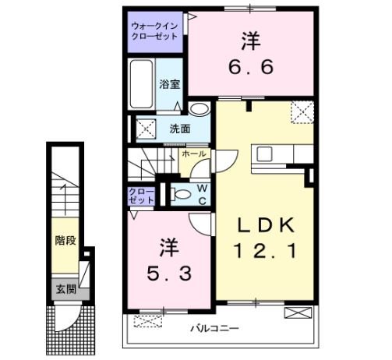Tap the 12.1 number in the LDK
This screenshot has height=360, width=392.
[264, 252]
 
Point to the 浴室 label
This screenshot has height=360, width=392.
[170, 84]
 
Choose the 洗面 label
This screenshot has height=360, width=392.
[179, 129]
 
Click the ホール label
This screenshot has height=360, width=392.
[193, 154]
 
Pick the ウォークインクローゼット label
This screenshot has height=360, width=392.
[155, 32]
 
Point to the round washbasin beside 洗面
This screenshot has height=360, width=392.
[200, 110]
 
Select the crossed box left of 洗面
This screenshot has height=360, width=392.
[146, 129]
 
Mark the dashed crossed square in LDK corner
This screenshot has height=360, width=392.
[302, 111]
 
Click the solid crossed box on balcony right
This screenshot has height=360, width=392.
[297, 314]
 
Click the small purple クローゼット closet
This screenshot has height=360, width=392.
[142, 196]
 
